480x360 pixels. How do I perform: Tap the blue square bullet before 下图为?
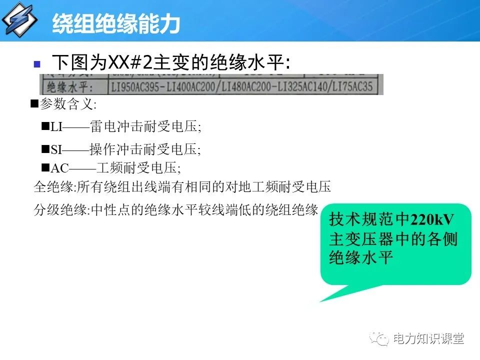(x=36, y=64)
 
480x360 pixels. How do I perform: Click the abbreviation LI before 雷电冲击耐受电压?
(x=56, y=126)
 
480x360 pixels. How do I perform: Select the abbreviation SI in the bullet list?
(x=55, y=149)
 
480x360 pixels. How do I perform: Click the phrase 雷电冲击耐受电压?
(x=145, y=126)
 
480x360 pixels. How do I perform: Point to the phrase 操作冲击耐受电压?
(x=145, y=149)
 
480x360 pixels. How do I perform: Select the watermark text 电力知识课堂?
(x=429, y=339)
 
